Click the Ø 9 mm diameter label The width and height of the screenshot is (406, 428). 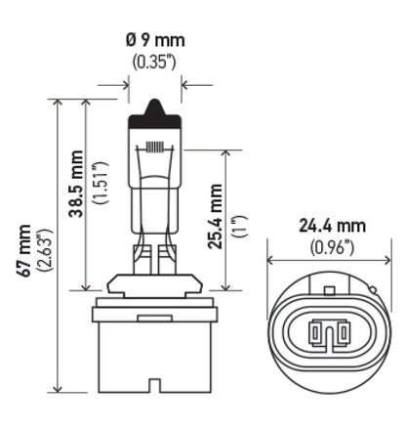coord(155,41)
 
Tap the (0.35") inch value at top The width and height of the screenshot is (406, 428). coord(155,63)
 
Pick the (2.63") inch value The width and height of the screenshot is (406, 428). coord(44,251)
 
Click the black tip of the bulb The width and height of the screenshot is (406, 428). coord(154,108)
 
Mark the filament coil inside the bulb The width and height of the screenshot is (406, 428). coord(154,148)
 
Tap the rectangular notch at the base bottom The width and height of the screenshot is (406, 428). coord(153,395)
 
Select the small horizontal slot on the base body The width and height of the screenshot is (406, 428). coord(153,320)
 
